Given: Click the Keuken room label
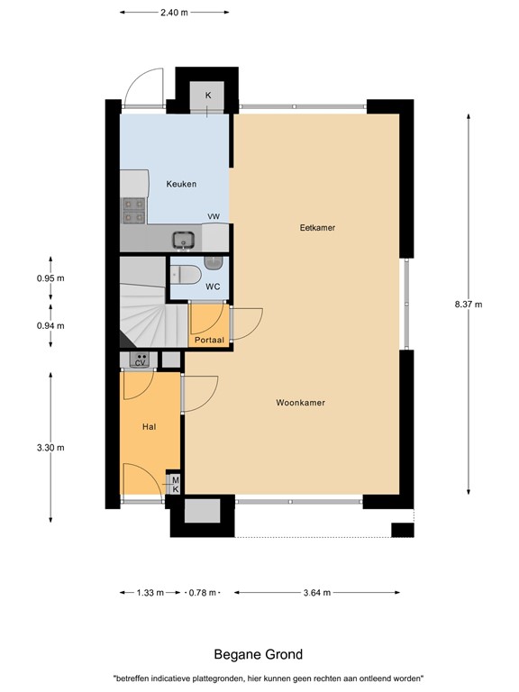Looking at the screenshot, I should coord(181,184).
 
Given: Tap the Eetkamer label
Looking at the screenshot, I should coord(317,228).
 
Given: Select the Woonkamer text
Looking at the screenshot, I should coord(300,403).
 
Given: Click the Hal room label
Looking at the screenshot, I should coord(150,426).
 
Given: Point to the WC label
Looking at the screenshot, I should coord(213,287).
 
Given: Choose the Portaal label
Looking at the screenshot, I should coord(208,340).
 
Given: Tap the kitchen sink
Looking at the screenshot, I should coord(185,240).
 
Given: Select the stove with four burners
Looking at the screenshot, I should coord(134,210).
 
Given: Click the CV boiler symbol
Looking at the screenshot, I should coord(141,360).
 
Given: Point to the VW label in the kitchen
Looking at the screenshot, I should coord(214,217).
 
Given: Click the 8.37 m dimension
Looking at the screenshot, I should coord(469,304).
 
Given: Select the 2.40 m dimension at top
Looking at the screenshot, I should coord(174,13).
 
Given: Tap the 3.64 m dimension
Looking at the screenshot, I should coord(315,592).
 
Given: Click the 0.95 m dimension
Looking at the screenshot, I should coord(50,278).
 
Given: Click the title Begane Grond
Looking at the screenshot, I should coord(258,654).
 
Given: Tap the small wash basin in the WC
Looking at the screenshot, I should coord(213,263).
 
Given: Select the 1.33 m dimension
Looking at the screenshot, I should coord(150,592).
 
